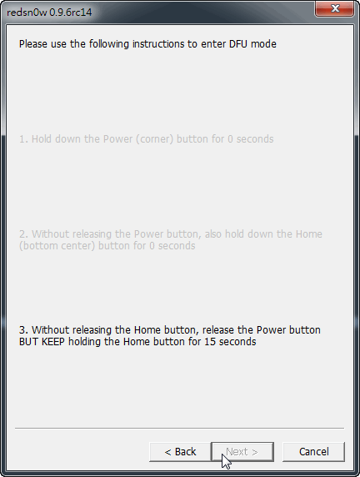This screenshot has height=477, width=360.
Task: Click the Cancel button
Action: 313,452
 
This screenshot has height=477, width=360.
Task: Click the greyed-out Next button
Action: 242,452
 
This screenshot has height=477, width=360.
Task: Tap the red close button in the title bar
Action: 335,8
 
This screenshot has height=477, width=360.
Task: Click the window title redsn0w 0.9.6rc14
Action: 49,13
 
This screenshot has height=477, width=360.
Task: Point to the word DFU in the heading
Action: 238,44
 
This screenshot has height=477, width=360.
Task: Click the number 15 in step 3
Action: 210,342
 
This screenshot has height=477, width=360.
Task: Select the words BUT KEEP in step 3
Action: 42,342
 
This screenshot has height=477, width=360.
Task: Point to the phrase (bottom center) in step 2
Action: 57,246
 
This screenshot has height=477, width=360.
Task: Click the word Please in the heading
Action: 33,44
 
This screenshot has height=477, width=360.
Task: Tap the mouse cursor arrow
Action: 226,461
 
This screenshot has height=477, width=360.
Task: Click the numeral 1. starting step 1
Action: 23,139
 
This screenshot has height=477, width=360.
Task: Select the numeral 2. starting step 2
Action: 23,234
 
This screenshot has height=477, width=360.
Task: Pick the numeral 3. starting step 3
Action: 23,330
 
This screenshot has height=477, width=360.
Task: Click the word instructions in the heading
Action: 158,44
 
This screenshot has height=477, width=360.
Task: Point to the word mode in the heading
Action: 263,44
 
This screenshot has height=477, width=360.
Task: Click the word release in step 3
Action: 218,330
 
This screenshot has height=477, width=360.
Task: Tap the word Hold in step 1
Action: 42,139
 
